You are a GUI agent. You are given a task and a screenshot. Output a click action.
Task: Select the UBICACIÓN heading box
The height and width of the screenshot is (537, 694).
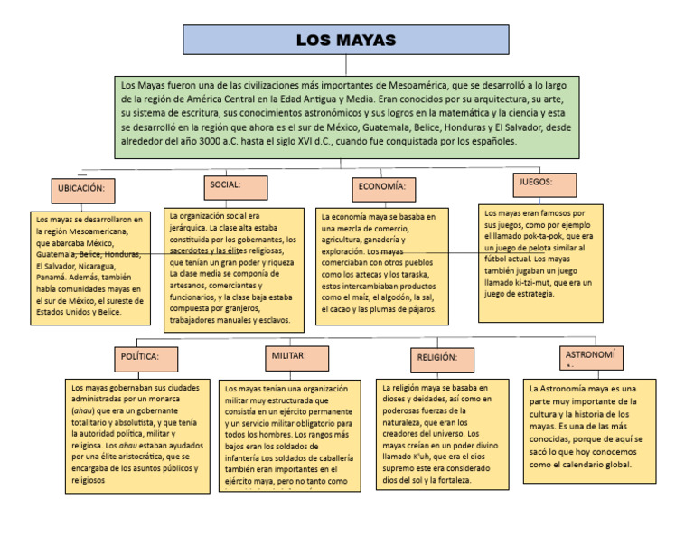88,191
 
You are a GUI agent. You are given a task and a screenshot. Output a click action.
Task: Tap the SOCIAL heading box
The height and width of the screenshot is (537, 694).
235,187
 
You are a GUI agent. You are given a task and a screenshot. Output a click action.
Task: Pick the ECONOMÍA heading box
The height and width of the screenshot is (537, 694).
383,189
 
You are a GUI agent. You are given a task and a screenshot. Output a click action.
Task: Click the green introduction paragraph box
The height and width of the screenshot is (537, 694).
347,117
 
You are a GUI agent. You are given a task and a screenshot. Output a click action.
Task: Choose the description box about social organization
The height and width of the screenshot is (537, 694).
235,268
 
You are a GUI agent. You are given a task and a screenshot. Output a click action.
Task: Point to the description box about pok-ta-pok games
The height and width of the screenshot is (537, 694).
540,263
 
